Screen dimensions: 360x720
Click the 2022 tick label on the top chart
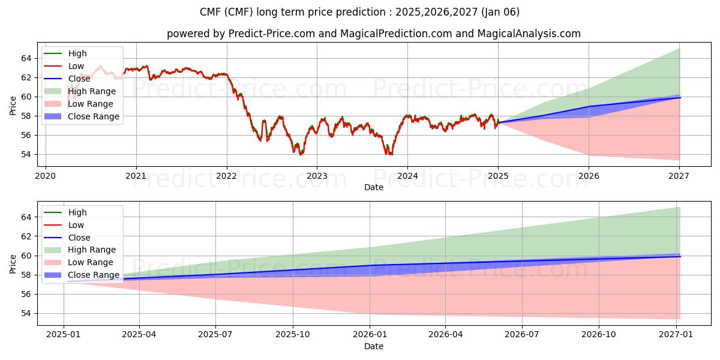227,176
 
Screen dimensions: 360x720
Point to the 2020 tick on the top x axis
46,176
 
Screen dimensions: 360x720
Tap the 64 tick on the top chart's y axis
25,58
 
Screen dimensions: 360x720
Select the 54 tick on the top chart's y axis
25,154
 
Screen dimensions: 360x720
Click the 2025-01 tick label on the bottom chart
64,335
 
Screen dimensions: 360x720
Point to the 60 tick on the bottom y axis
25,256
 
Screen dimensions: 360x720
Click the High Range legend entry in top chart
92,91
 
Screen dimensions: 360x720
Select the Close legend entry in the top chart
79,79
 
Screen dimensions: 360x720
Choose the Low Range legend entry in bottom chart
91,262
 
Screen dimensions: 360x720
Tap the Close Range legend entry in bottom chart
93,275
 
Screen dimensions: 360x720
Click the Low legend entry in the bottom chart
76,225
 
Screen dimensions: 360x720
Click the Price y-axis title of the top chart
13,106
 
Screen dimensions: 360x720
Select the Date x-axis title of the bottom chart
373,346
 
